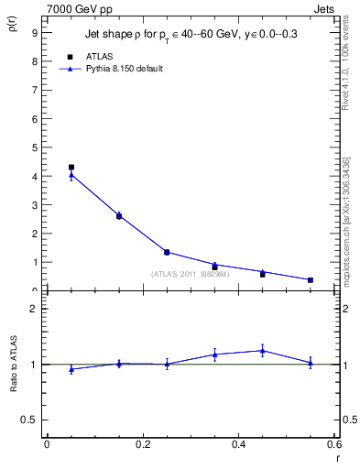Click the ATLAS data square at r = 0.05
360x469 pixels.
pyautogui.click(x=71, y=168)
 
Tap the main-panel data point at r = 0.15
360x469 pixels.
pyautogui.click(x=119, y=216)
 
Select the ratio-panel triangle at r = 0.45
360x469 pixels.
pyautogui.click(x=262, y=350)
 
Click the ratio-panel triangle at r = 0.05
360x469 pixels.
pyautogui.click(x=71, y=369)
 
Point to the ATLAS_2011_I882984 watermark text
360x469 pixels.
pyautogui.click(x=191, y=274)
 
